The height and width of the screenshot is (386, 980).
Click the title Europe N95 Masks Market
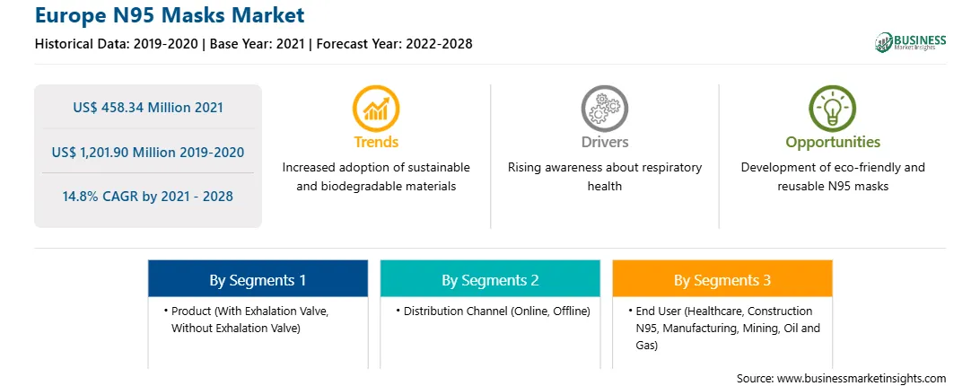point(170,15)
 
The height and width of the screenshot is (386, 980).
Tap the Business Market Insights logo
point(911,42)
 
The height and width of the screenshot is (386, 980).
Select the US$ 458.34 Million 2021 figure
point(148,108)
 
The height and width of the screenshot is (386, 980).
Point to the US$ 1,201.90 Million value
point(148,152)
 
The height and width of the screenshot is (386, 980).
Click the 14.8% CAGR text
point(147,197)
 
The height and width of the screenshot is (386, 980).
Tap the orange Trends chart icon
point(376,109)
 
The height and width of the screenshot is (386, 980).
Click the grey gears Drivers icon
point(604,109)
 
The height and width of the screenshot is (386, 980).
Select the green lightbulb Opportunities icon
point(833,109)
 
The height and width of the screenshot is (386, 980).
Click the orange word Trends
point(376,142)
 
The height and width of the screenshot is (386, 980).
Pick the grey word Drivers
point(605,142)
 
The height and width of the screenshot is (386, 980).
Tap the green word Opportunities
point(833,143)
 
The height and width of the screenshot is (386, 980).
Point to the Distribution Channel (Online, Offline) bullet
point(493,311)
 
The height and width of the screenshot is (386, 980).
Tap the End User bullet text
point(724,328)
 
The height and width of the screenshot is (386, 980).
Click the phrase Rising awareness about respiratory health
point(604,177)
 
